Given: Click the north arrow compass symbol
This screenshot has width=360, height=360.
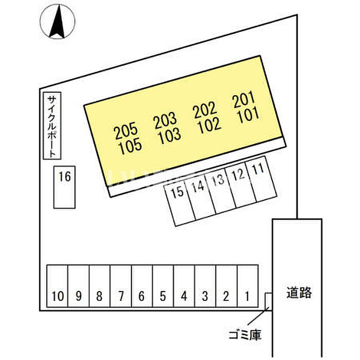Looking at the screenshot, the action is (58, 22).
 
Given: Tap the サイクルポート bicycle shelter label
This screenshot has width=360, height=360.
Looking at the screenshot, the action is (52, 126).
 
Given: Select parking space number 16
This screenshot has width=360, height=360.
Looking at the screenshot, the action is (64, 187).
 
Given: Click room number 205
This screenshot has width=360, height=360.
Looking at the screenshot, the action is (125, 131).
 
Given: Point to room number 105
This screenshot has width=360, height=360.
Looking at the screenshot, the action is (130, 147).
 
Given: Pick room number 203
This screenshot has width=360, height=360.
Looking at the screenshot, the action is (165, 120).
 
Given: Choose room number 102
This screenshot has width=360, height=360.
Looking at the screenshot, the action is (209, 125).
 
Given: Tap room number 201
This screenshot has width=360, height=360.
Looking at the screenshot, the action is (244, 99).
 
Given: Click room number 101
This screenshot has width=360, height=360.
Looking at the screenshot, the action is (248, 115).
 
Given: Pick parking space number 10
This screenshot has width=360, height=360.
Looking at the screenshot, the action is (57, 286).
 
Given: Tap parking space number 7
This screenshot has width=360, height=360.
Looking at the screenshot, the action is (121, 286).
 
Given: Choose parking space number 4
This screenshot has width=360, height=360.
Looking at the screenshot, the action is (184, 286).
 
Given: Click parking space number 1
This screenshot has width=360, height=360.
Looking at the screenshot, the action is (247, 286).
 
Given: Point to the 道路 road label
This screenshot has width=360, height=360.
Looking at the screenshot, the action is (299, 293).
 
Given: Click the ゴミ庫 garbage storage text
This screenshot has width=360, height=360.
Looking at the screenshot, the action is (245, 335).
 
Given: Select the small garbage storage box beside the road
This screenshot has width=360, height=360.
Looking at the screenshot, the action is (268, 301).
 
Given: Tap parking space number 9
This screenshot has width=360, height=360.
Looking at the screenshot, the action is (78, 286).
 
